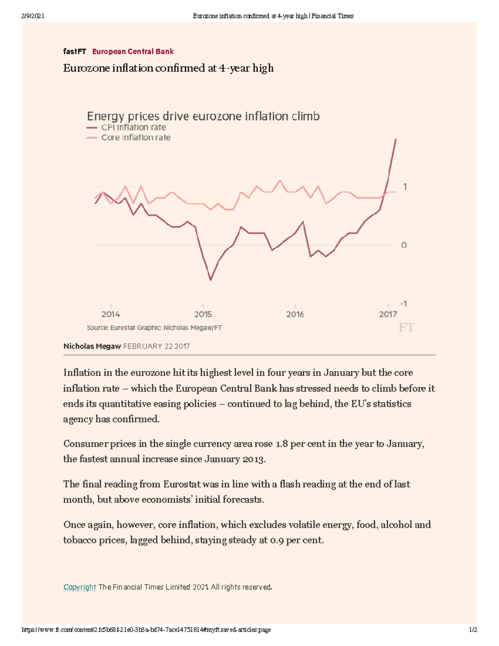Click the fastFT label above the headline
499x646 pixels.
[74, 52]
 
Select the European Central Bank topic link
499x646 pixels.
[133, 52]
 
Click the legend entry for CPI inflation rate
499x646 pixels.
[133, 127]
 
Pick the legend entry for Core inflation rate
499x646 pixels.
[136, 138]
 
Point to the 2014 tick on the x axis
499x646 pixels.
[111, 314]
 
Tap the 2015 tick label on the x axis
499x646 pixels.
[203, 314]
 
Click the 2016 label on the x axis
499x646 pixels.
[295, 314]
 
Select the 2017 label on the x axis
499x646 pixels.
[388, 314]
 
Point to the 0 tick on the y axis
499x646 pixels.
[404, 245]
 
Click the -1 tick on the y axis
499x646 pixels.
[403, 304]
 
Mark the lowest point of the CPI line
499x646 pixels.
[210, 280]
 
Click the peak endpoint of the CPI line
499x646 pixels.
[395, 139]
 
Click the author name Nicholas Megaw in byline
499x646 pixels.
[92, 346]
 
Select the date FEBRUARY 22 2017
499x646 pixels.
[156, 346]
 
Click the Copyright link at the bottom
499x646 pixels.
[80, 587]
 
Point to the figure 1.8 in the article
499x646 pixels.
[282, 444]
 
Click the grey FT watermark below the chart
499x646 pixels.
[406, 328]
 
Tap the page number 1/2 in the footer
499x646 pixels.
[473, 630]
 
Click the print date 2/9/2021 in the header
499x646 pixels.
[33, 16]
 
